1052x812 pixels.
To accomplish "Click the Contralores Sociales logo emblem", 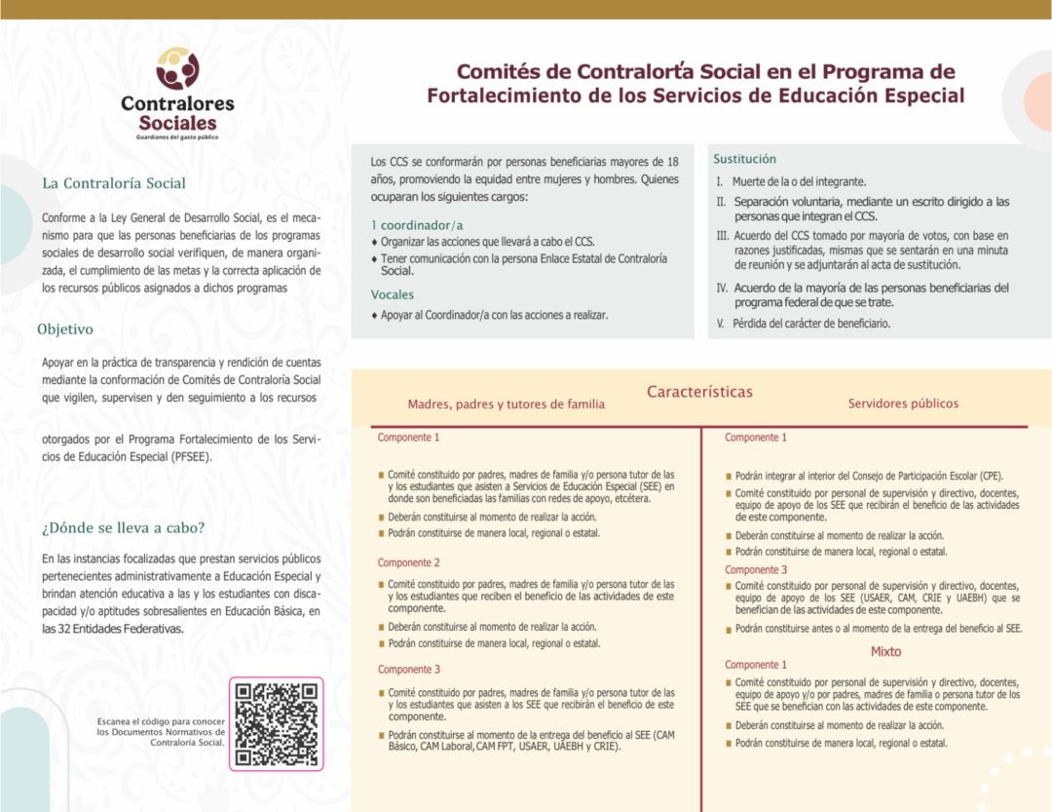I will pyautogui.click(x=177, y=69).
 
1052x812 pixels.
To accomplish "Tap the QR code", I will pyautogui.click(x=277, y=723).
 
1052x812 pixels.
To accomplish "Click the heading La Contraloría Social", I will pyautogui.click(x=114, y=183).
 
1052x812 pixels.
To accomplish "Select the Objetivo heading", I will pyautogui.click(x=65, y=329).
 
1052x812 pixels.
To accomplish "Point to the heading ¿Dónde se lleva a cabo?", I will pyautogui.click(x=123, y=528).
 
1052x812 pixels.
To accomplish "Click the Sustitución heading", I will pyautogui.click(x=745, y=159).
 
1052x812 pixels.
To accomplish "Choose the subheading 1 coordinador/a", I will pyautogui.click(x=409, y=225).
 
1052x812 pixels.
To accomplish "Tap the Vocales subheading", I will pyautogui.click(x=393, y=294).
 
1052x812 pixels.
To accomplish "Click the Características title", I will pyautogui.click(x=699, y=392).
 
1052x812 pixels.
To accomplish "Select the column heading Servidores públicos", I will pyautogui.click(x=903, y=404).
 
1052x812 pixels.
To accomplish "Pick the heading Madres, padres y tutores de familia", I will pyautogui.click(x=506, y=404).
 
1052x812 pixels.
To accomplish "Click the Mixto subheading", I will pyautogui.click(x=885, y=651).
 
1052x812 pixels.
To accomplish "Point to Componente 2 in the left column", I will pyautogui.click(x=409, y=562).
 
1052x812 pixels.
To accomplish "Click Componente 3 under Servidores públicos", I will pyautogui.click(x=756, y=569).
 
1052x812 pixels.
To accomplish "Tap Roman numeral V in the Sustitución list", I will pyautogui.click(x=721, y=324).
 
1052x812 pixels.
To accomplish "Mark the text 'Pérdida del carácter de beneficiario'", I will pyautogui.click(x=811, y=324).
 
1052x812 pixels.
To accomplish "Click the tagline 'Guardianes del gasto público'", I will pyautogui.click(x=177, y=137).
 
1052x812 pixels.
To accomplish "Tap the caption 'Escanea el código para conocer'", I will pyautogui.click(x=161, y=720).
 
